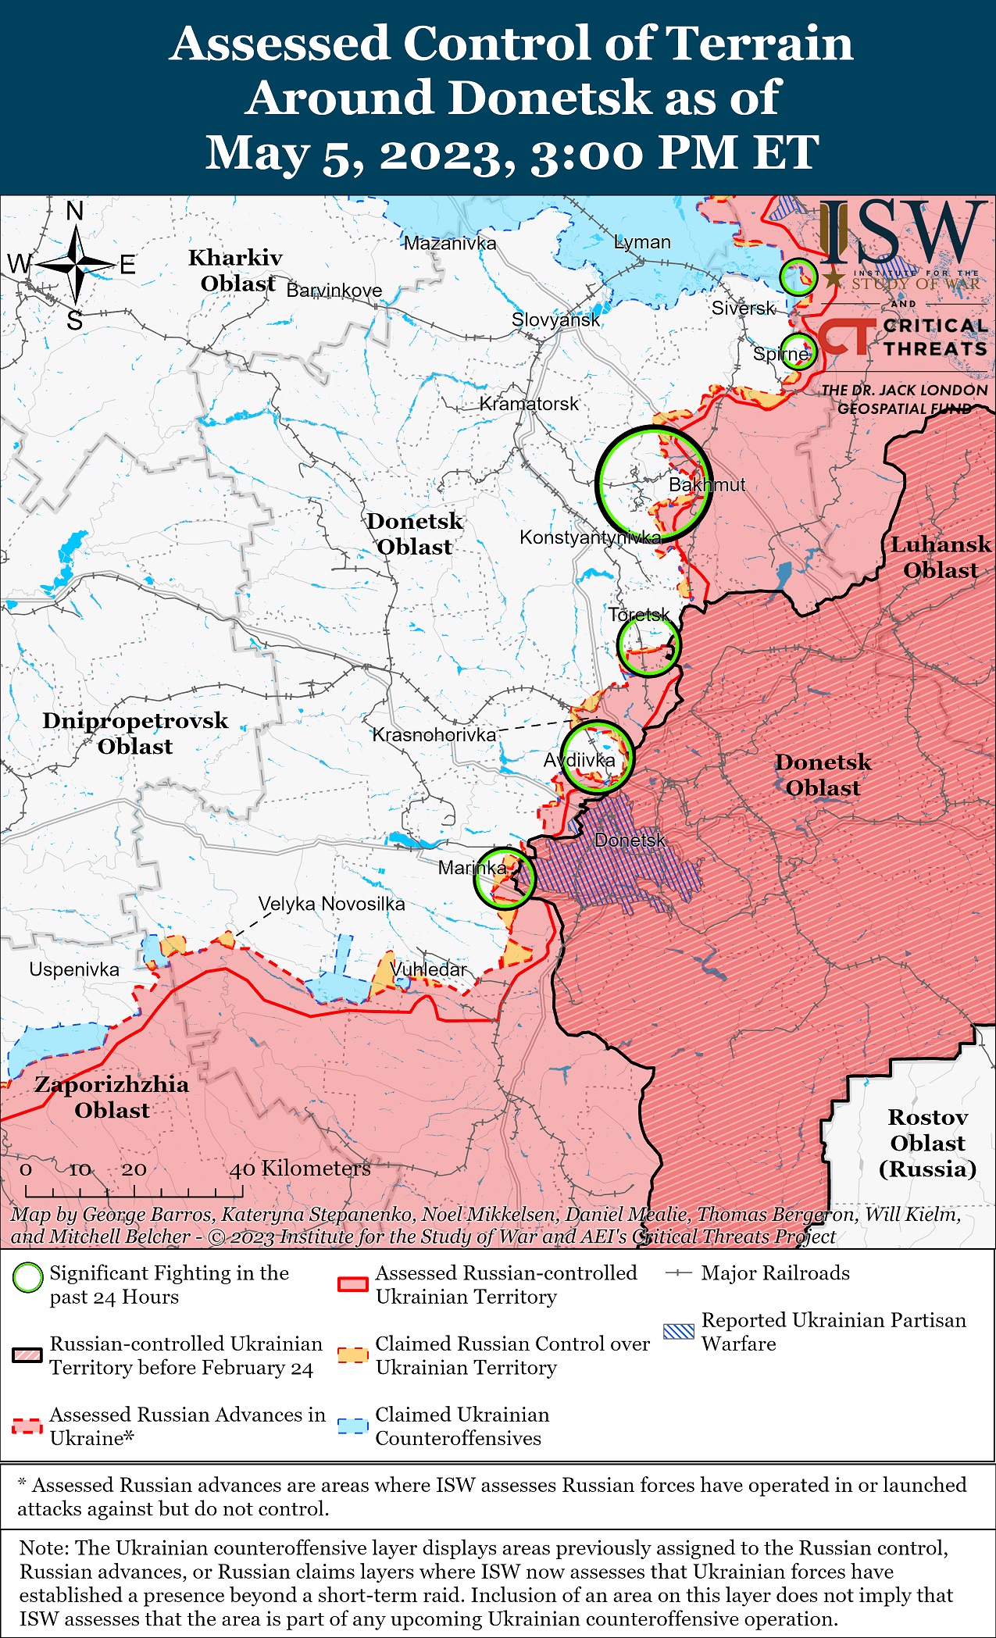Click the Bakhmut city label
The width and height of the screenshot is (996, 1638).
click(706, 485)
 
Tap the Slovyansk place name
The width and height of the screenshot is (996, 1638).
click(555, 319)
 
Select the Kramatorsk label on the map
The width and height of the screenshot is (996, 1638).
click(529, 404)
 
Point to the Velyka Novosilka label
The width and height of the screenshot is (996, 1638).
click(331, 905)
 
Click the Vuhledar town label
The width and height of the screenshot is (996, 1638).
click(428, 969)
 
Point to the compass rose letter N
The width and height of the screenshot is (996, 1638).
click(74, 211)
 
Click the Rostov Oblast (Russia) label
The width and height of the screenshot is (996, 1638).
click(927, 1143)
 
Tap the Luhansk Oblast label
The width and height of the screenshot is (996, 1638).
click(941, 557)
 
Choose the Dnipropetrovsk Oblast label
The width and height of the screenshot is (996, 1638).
click(135, 733)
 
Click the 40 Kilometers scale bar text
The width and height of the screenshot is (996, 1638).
click(300, 1169)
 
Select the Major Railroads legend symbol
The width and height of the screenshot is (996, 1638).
click(678, 1273)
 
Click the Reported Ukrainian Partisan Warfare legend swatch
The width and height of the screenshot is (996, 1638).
click(678, 1332)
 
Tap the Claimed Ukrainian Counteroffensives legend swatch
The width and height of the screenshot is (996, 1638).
click(352, 1426)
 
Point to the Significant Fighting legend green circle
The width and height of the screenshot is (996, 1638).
click(28, 1278)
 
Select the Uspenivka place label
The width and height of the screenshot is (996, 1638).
click(74, 970)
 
